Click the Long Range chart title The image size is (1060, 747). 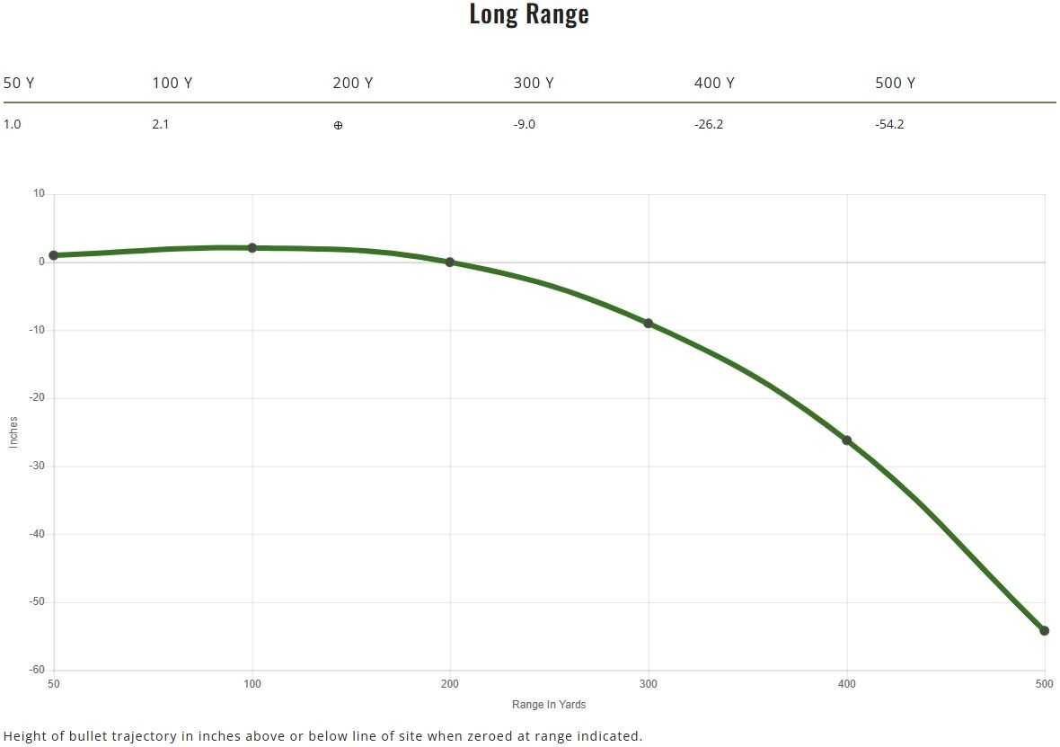[x=529, y=14]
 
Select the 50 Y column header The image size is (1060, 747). [x=19, y=83]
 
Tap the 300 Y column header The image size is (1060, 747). [x=533, y=83]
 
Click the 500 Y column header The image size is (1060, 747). [x=895, y=83]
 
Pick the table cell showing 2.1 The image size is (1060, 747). [x=161, y=124]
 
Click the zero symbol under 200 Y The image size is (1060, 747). [x=338, y=125]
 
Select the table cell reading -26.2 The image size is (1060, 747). [x=708, y=124]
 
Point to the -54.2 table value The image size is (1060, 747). [x=889, y=124]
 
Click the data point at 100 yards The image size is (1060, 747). [x=252, y=247]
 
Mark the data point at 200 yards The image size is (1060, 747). [x=450, y=262]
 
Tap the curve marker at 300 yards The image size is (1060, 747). [x=649, y=323]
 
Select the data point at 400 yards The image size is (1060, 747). [x=846, y=440]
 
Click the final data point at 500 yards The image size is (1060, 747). [x=1044, y=630]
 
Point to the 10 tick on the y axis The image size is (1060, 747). [x=39, y=193]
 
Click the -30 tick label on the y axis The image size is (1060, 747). [x=36, y=467]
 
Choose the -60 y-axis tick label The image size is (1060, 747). [x=36, y=670]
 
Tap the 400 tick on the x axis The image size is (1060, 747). [x=846, y=684]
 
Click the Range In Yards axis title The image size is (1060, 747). [x=549, y=705]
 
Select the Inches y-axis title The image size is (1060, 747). [x=13, y=432]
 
